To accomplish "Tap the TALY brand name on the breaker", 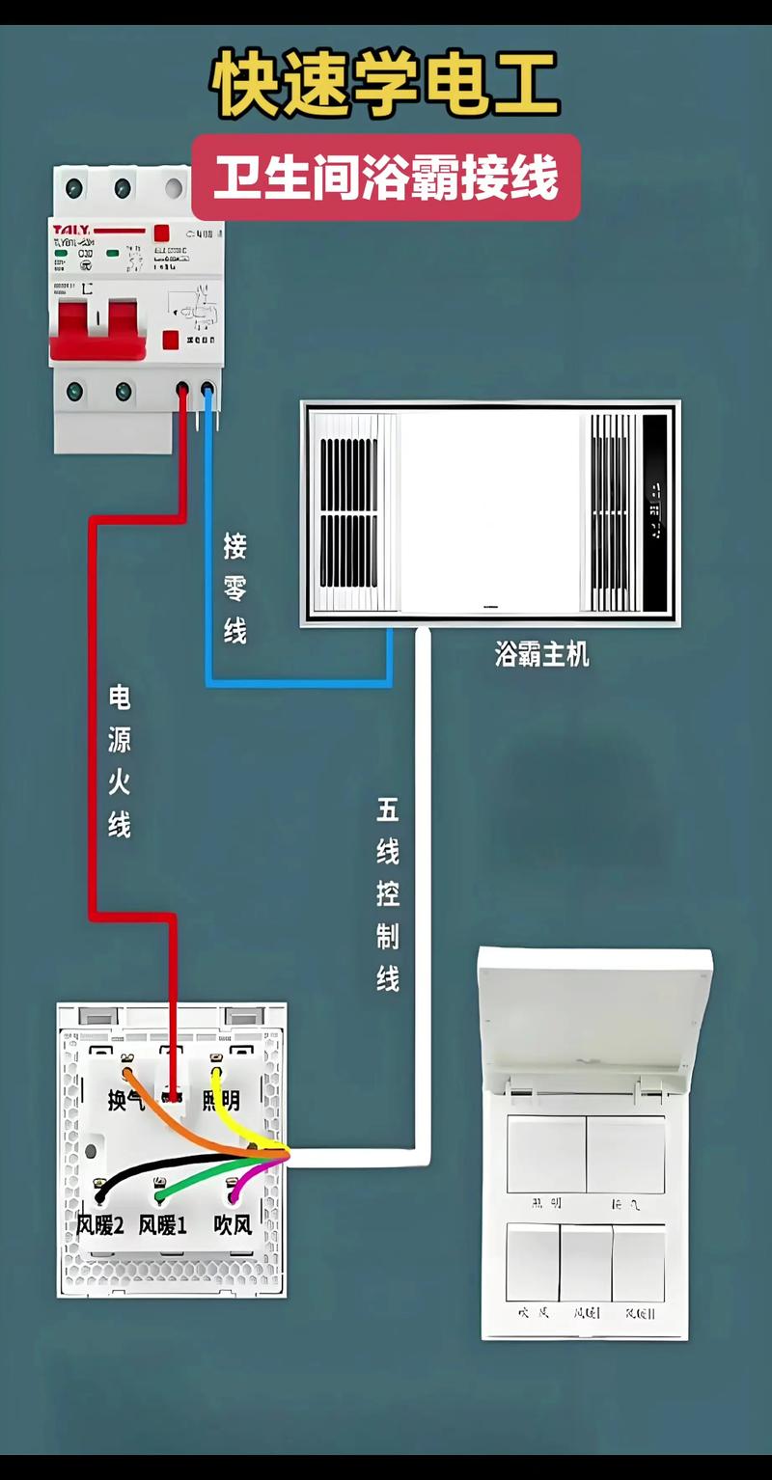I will [72, 229].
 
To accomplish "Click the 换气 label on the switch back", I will [124, 1100].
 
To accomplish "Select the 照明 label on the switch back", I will [221, 1100].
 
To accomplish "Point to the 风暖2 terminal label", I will [100, 1225].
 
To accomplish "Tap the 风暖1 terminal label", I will [162, 1225].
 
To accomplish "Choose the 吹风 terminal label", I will [233, 1225].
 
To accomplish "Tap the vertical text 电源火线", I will [119, 760].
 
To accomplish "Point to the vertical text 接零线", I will [234, 589].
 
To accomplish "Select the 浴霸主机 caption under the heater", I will [541, 655].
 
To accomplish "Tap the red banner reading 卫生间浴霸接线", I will [386, 179].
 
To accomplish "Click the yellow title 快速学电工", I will [386, 85].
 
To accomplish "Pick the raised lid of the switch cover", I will [595, 1013].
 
